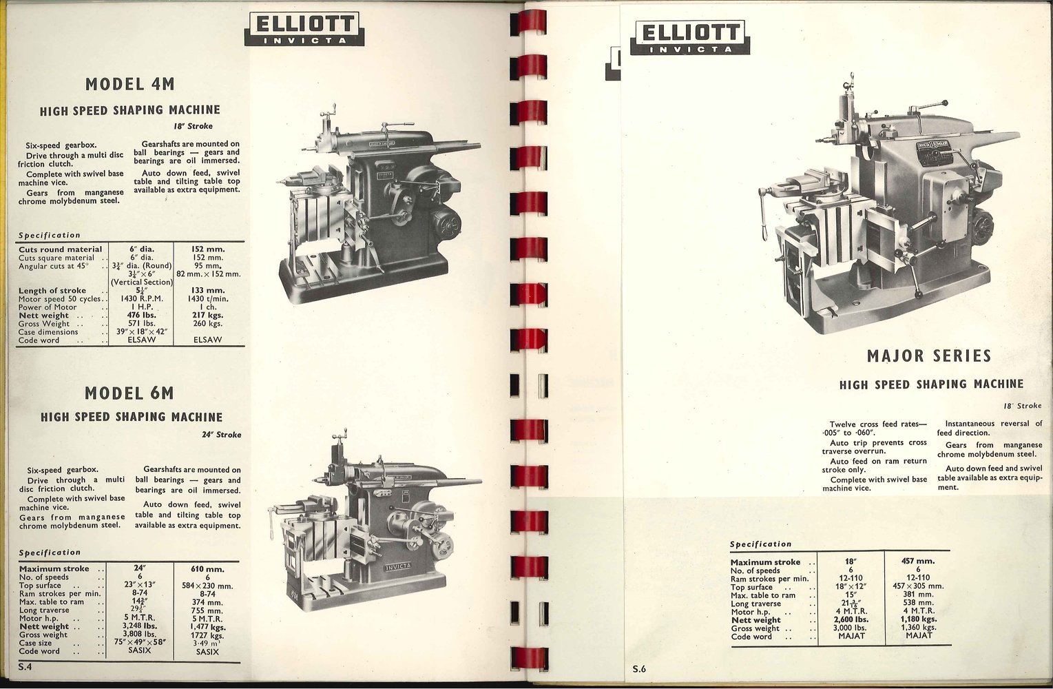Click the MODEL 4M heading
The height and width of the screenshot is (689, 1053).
[x=129, y=84]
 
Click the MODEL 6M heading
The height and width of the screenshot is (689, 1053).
[x=129, y=393]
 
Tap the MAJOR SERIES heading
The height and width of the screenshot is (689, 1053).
[x=929, y=356]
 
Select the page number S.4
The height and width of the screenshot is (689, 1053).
[x=25, y=666]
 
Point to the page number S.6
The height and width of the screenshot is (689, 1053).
[x=639, y=669]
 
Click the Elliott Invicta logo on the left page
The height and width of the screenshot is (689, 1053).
[x=304, y=29]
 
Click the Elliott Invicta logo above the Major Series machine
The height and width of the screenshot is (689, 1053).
[x=689, y=37]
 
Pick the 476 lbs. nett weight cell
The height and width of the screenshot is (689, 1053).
[x=141, y=315]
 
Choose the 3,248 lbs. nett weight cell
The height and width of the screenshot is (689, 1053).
[x=140, y=626]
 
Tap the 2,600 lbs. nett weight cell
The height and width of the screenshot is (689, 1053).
[x=851, y=619]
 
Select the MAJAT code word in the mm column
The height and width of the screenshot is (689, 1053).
[x=919, y=635]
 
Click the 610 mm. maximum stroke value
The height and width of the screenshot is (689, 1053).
[x=207, y=569]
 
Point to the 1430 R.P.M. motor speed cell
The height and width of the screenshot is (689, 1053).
[x=141, y=298]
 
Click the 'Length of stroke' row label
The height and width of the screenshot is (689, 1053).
[x=52, y=291]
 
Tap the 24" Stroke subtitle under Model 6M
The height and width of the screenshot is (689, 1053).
[x=221, y=435]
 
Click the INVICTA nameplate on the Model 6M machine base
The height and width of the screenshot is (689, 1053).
[x=398, y=566]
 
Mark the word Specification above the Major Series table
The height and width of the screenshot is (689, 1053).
[x=760, y=544]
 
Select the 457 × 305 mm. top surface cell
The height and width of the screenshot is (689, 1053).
[x=918, y=586]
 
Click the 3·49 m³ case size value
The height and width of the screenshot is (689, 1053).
[x=207, y=643]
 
